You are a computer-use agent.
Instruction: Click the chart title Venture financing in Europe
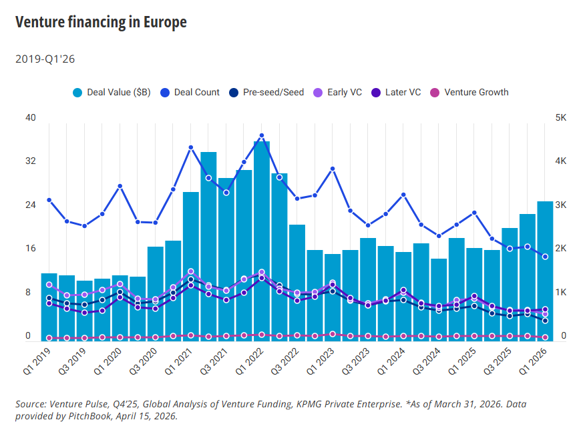coord(101,22)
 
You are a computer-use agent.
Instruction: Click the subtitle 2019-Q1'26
coord(45,59)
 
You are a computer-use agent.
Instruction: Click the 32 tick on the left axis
coord(30,161)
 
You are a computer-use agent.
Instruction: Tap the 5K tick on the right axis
coord(560,118)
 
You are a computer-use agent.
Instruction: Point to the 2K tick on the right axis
coord(560,249)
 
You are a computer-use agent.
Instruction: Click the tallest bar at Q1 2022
coord(262,240)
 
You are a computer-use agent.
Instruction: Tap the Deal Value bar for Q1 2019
coord(49,306)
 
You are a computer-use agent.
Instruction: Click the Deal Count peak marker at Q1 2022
coord(262,135)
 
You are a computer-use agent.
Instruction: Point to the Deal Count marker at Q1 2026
coord(545,257)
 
